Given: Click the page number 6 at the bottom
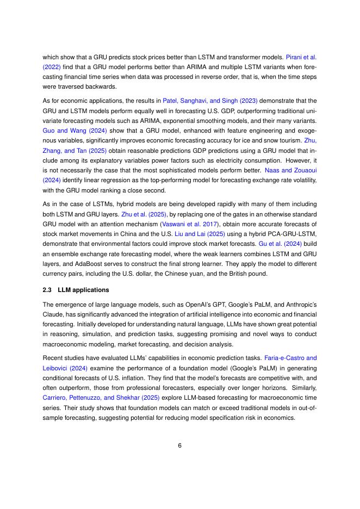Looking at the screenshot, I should tap(179, 445).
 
